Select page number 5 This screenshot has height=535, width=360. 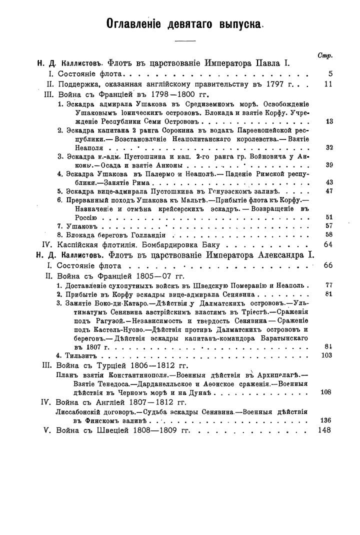(330, 74)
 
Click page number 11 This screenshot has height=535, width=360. (328, 84)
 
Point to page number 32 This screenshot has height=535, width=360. (328, 147)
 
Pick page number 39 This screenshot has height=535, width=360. (328, 165)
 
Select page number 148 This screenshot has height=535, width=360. (325, 429)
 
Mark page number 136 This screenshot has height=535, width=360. (326, 420)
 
